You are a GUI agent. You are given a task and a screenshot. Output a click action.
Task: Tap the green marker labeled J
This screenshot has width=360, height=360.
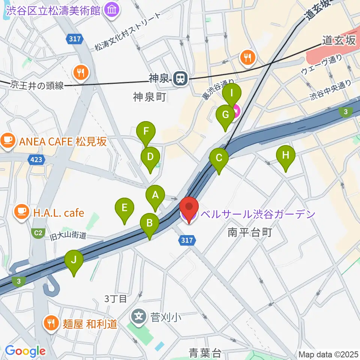click(x=74, y=260)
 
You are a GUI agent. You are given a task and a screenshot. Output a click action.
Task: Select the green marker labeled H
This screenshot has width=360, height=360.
click(x=285, y=155)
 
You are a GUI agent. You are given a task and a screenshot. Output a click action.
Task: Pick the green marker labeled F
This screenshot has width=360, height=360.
click(x=146, y=132)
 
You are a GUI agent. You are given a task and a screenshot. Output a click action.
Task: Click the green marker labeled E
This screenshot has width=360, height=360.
click(x=125, y=207)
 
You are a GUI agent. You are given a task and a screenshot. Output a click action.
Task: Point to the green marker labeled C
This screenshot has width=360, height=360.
click(x=219, y=158)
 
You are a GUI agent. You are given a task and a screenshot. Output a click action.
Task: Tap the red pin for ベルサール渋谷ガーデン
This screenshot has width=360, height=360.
click(x=189, y=207)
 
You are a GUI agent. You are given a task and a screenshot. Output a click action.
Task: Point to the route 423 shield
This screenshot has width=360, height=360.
click(x=37, y=160)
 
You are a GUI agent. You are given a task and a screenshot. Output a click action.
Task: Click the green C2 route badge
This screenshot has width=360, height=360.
click(x=38, y=233)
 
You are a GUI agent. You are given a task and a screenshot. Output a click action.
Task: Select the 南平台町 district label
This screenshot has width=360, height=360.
click(x=249, y=233)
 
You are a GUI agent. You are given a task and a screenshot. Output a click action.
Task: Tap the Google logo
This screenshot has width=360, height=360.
click(x=25, y=351)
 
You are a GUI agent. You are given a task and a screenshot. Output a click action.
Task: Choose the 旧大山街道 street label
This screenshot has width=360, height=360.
click(x=68, y=236)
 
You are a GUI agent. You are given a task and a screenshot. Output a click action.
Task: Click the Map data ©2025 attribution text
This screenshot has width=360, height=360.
click(x=328, y=354)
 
